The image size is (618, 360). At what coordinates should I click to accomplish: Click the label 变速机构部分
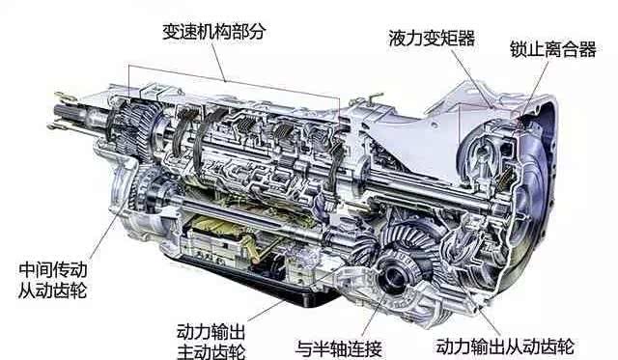(x=213, y=32)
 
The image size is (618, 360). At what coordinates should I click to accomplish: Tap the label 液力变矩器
(x=432, y=39)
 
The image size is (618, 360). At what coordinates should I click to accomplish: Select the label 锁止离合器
(x=553, y=49)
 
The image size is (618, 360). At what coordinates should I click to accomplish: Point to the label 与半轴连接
(x=339, y=348)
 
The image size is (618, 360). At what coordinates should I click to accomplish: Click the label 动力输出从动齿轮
(x=505, y=346)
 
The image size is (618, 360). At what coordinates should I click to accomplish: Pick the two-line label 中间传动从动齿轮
(x=53, y=280)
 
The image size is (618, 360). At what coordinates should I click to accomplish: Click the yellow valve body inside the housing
(x=221, y=233)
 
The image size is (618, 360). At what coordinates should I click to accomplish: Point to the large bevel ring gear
(x=409, y=240)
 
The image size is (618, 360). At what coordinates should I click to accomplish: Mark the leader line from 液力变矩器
(x=472, y=78)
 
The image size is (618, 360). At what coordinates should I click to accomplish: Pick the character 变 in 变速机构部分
(x=171, y=32)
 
